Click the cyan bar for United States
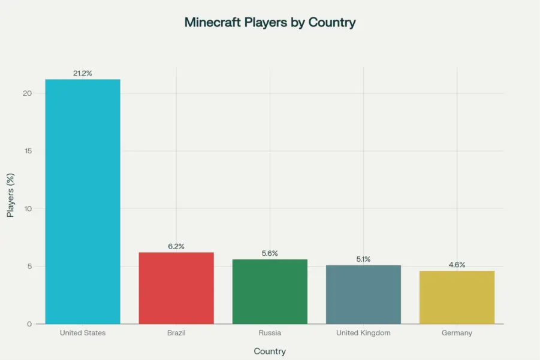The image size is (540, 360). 83,201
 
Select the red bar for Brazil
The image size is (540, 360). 176,288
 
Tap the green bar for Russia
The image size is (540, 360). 270,292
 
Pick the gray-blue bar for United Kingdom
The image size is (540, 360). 363,294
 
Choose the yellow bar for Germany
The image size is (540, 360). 457,297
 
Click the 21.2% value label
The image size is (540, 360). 83,73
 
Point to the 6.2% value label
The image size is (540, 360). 176,246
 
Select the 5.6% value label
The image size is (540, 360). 270,253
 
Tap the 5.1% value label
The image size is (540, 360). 363,259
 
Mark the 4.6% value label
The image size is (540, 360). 457,265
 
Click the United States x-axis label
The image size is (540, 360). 83,333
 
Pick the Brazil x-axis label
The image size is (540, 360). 176,333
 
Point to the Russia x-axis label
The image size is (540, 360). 270,333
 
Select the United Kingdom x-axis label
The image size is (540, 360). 363,333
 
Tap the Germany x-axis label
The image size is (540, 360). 457,333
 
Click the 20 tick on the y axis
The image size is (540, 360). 27,93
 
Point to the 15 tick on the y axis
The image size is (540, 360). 28,151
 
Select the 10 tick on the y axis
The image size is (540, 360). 28,208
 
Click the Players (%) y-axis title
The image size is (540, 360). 10,196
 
